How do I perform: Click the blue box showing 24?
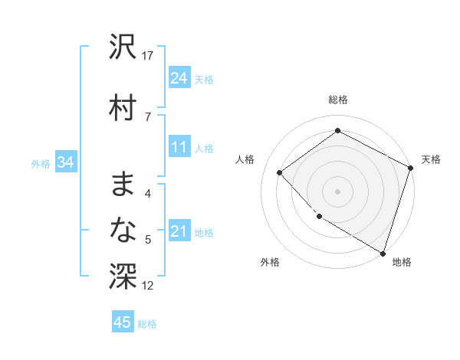tap(179, 77)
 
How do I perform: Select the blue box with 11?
tap(179, 147)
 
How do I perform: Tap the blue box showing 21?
tap(179, 231)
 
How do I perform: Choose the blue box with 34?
tap(65, 162)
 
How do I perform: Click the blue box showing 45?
tap(123, 322)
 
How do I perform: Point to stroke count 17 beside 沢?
tap(149, 56)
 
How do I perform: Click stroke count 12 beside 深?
tap(149, 286)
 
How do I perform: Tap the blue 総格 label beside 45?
tap(147, 324)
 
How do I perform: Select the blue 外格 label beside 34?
tap(41, 163)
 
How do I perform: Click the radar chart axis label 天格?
tap(431, 159)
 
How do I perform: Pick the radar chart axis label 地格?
tap(402, 262)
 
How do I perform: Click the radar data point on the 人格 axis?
tap(280, 172)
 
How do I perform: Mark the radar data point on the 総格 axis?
tap(337, 131)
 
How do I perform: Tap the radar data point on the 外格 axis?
tap(319, 217)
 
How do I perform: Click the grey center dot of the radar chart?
tap(337, 191)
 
